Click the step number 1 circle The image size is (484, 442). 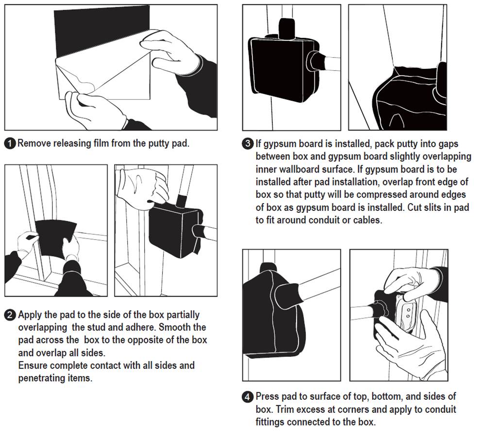coord(10,143)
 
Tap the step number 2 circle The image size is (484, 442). coord(10,315)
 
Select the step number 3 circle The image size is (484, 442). coord(248,144)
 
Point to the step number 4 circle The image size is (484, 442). coord(248,397)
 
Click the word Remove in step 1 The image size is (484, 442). coord(34,143)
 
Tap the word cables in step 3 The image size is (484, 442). coord(367,220)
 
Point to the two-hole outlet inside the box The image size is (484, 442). coord(407,314)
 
